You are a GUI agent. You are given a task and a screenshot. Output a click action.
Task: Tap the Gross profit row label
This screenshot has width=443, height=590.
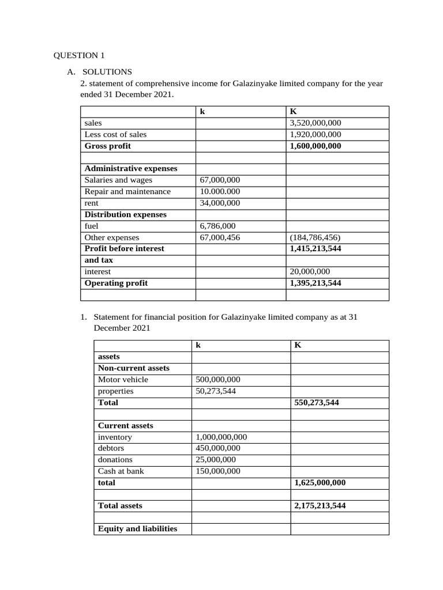(x=108, y=146)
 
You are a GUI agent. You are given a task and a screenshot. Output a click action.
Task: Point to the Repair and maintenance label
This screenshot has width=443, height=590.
(x=127, y=191)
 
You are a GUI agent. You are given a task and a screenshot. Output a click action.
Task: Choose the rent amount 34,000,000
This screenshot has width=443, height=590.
(x=220, y=203)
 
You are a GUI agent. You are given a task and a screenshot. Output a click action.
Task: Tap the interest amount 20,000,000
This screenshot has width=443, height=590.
(x=310, y=271)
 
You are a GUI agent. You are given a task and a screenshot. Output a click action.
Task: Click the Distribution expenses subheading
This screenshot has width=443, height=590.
(x=125, y=214)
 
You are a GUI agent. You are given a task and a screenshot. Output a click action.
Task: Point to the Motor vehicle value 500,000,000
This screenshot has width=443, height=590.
(x=218, y=380)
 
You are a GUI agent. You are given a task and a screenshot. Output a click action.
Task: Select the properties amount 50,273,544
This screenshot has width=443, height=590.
(x=216, y=391)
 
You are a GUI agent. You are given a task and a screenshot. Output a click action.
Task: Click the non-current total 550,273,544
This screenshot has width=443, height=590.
(x=317, y=403)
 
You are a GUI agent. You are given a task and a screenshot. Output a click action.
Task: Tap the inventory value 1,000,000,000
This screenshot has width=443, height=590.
(x=221, y=437)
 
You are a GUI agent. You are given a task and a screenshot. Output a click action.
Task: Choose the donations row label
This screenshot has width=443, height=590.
(x=115, y=460)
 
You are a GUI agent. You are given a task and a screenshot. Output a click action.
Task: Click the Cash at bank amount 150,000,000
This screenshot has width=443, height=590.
(x=218, y=471)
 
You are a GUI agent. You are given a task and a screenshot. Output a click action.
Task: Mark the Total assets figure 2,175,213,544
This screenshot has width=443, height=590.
(x=320, y=506)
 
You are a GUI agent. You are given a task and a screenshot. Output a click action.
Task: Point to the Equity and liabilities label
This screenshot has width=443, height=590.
(x=138, y=528)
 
